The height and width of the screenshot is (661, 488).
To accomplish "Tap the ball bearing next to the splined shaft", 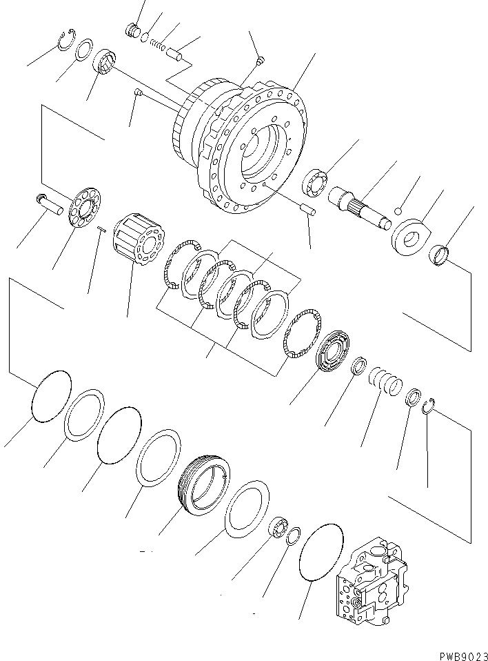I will pos(318,184).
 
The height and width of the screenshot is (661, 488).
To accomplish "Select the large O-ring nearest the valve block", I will pos(321,558).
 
